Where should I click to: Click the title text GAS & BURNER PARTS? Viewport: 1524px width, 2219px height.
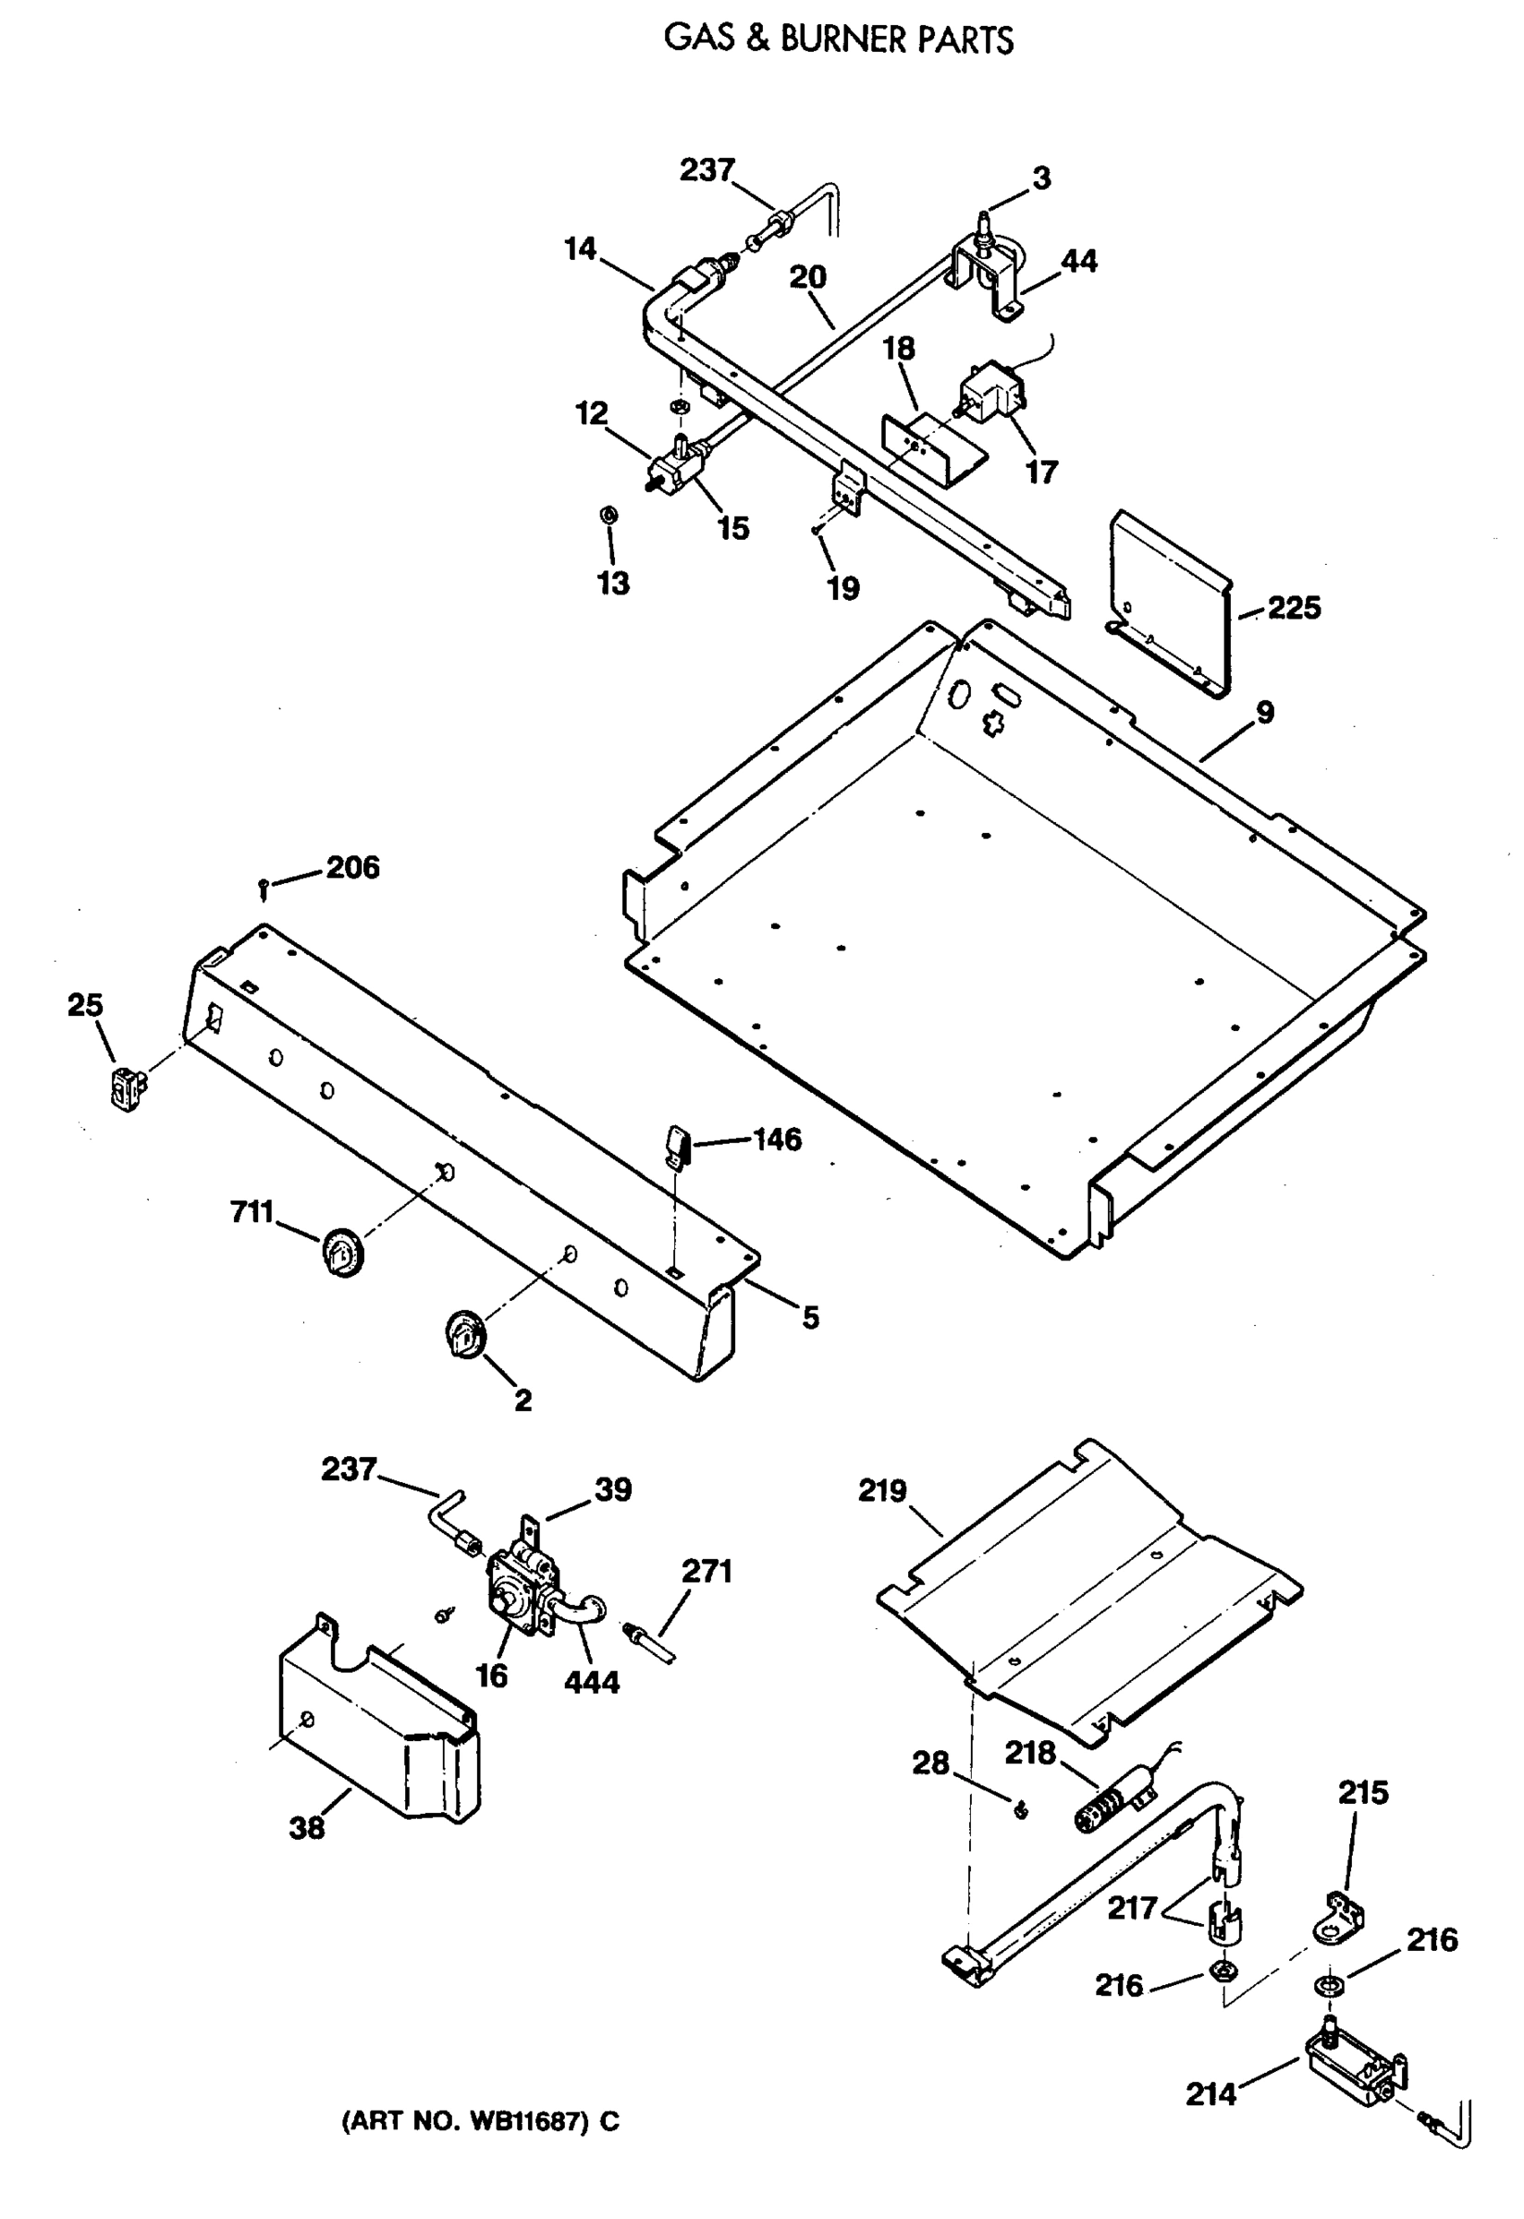839,39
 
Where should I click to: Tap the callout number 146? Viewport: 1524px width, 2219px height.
778,1139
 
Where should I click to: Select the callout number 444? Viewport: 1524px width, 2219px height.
592,1683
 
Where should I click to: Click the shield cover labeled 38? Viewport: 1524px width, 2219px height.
382,1723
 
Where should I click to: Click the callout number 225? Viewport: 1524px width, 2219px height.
1294,608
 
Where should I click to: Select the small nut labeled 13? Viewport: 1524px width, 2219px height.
608,515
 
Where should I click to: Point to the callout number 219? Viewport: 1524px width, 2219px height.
881,1490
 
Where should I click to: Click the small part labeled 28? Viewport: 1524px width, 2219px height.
1020,1809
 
